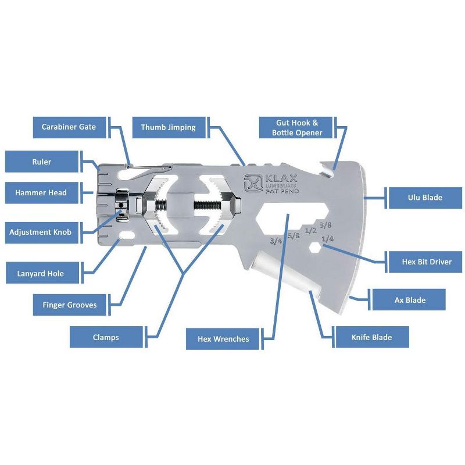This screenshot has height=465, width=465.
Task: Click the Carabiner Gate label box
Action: tap(69, 127)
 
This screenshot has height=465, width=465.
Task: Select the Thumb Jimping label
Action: tap(169, 127)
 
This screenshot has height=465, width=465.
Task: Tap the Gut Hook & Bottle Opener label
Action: tap(296, 127)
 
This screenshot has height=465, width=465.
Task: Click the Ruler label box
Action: tap(42, 162)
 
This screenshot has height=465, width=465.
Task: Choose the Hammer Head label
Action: tap(42, 193)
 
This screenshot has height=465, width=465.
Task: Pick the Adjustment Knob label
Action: tap(42, 233)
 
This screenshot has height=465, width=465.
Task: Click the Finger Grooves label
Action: tap(69, 305)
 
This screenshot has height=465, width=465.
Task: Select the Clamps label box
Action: tap(106, 337)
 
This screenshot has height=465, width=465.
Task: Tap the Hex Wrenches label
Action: tap(223, 339)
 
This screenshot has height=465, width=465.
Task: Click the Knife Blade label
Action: tap(372, 337)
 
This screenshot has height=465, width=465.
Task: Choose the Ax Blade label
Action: tap(409, 299)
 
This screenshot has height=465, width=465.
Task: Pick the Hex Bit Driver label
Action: tap(425, 262)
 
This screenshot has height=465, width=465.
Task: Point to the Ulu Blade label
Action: tap(425, 198)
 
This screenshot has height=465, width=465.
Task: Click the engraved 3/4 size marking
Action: tap(276, 241)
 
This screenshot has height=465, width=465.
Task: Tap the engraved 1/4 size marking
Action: tap(327, 238)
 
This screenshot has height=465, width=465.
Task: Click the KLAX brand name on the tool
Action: tap(281, 178)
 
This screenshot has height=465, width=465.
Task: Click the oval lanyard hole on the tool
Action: tap(127, 235)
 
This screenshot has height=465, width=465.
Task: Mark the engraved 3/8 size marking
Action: tap(325, 225)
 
